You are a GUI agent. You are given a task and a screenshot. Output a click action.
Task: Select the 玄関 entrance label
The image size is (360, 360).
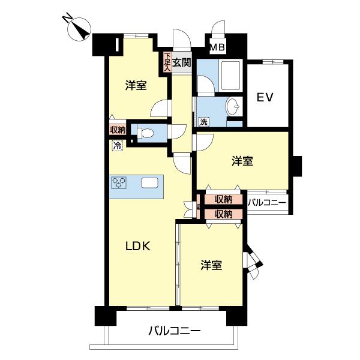(182, 61)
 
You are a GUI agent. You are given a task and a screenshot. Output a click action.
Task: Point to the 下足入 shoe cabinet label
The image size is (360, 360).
(167, 62)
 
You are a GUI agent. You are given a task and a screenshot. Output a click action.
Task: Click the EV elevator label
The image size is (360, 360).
(265, 98)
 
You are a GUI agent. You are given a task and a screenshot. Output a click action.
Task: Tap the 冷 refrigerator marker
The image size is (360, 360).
(116, 145)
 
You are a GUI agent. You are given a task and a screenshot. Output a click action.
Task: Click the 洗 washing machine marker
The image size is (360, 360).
(204, 122)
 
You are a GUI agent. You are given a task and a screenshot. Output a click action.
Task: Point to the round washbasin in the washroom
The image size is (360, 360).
(233, 107)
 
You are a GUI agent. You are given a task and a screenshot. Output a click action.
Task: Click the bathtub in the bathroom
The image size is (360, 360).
(230, 76)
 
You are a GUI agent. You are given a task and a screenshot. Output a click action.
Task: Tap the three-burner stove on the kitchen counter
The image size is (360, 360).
(119, 183)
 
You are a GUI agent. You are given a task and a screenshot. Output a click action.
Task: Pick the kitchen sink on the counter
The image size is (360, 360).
(150, 183)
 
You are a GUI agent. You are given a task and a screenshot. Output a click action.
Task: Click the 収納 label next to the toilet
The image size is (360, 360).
(118, 130)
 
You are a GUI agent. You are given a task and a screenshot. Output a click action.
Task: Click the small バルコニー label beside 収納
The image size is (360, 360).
(266, 203)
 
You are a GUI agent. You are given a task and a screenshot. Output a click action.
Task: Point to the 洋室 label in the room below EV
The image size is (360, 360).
(242, 161)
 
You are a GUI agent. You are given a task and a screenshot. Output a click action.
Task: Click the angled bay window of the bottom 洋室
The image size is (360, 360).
(253, 264)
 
